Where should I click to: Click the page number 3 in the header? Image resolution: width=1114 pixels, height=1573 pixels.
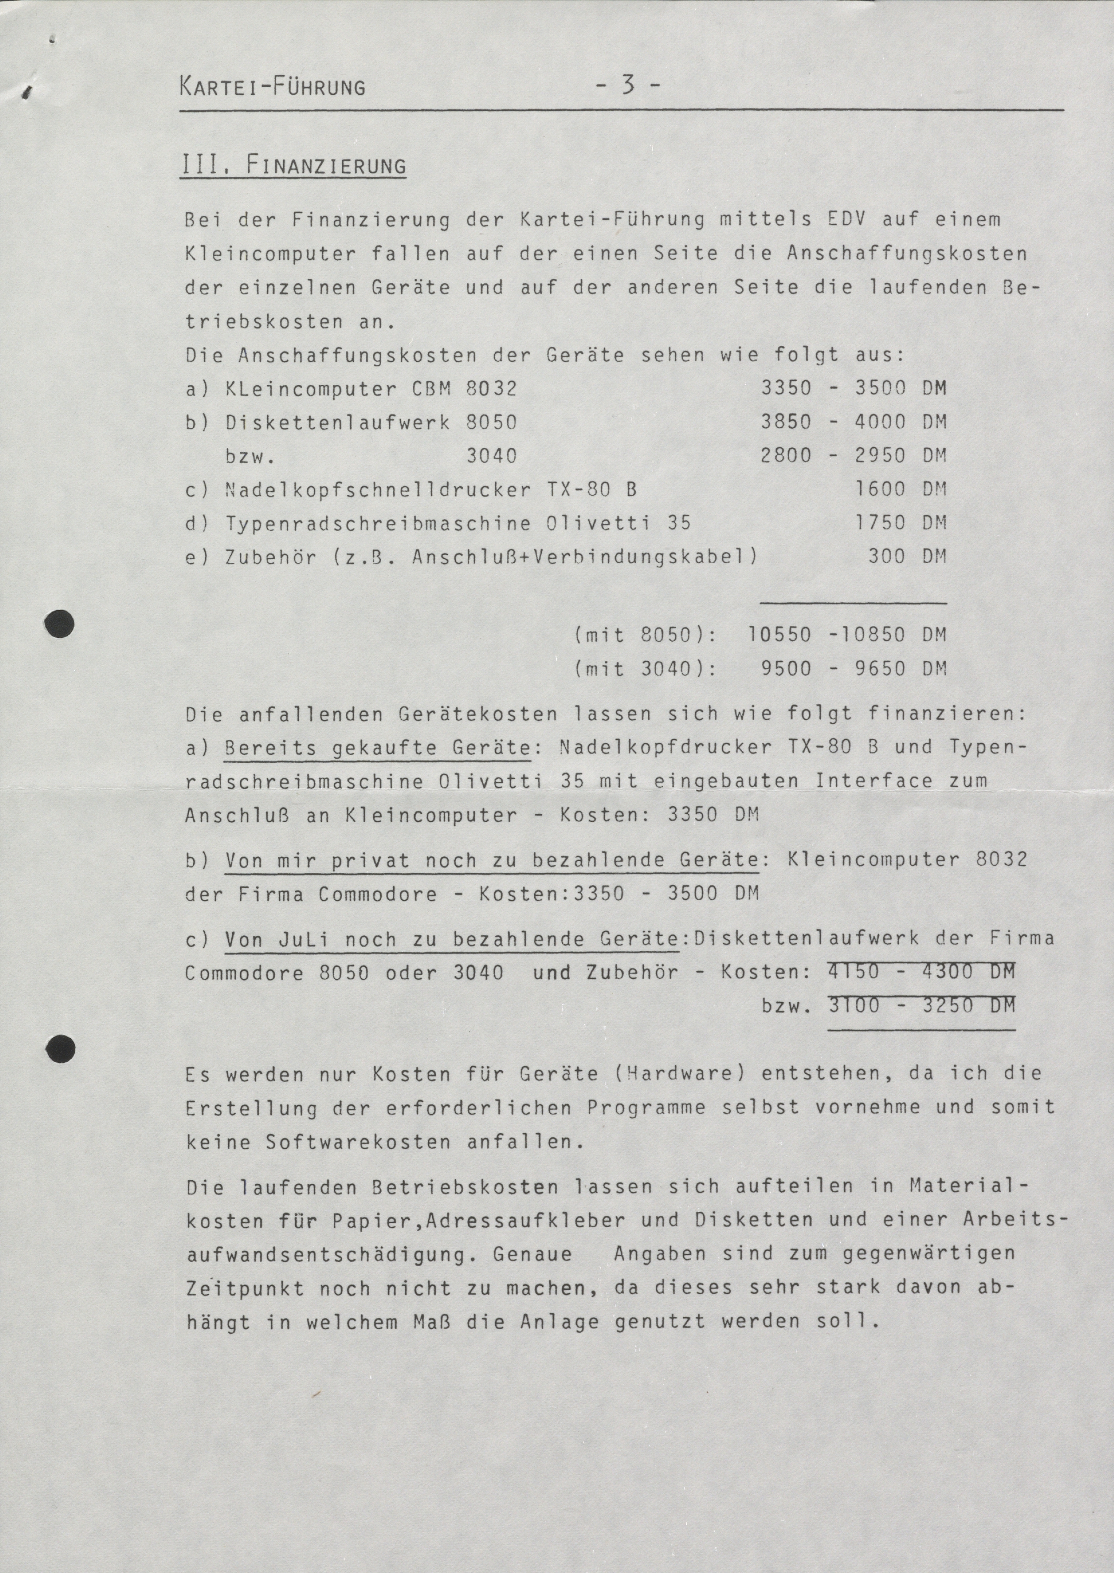627,86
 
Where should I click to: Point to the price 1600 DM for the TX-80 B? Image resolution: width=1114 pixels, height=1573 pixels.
900,489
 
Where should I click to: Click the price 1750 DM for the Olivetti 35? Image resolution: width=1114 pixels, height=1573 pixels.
900,523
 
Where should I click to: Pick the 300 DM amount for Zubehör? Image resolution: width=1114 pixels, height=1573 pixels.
906,557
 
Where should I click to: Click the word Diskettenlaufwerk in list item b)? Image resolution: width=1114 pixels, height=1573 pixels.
337,422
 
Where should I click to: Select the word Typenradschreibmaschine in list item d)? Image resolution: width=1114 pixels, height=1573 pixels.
378,523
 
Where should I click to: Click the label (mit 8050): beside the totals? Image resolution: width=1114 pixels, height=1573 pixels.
646,634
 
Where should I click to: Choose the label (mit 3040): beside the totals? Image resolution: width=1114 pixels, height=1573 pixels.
646,668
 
